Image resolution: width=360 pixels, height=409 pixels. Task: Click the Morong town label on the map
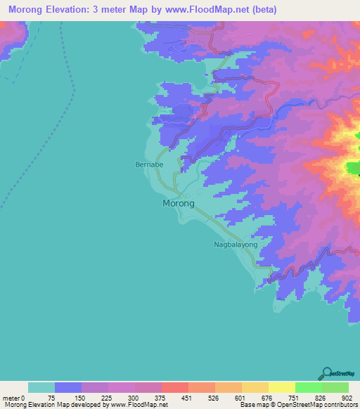(x=179, y=203)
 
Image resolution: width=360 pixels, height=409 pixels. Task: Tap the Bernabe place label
(x=149, y=165)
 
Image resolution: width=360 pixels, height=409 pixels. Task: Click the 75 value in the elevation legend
(x=55, y=398)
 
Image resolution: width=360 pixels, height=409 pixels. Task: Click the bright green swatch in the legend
(x=308, y=387)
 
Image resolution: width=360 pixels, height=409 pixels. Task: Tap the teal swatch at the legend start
(x=41, y=387)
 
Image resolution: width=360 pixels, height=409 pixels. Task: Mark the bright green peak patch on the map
(x=352, y=167)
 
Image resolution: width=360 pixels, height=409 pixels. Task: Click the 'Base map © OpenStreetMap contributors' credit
(x=298, y=405)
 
